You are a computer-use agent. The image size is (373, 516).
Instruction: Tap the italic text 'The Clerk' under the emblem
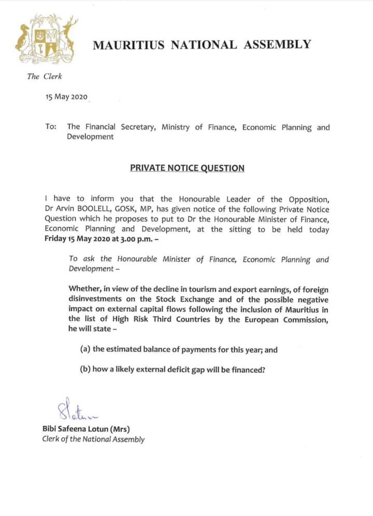(x=45, y=76)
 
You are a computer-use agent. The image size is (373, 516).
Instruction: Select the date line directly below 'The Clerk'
(x=67, y=98)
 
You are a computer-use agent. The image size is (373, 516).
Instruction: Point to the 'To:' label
(x=51, y=127)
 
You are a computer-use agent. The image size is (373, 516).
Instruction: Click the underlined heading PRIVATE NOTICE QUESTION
(x=187, y=168)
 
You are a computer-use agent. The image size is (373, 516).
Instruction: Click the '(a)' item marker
(x=85, y=349)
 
